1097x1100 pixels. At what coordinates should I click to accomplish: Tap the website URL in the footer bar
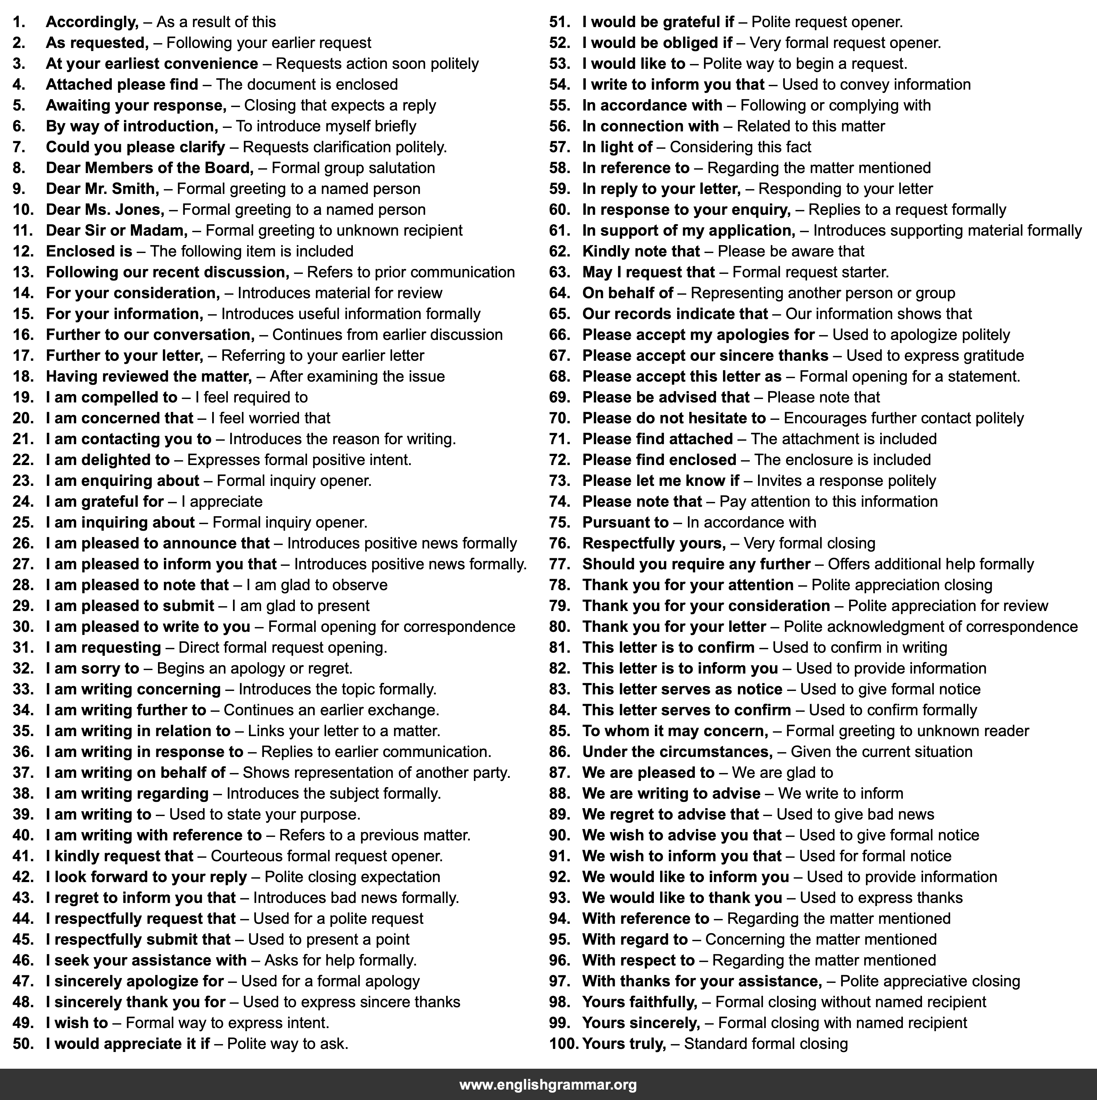(x=548, y=1085)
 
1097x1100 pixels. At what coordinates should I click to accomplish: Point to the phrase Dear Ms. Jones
(x=105, y=210)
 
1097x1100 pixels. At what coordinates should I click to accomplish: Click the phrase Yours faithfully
(x=639, y=1002)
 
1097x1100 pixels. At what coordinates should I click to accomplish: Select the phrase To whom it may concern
(x=675, y=731)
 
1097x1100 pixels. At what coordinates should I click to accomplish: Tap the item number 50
(x=23, y=1044)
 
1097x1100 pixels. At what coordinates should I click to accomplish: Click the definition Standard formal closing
(x=765, y=1044)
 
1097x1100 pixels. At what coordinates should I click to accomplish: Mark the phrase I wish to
(x=77, y=1023)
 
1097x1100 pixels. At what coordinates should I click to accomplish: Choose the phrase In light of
(x=617, y=147)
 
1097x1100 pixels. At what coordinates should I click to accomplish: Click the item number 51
(x=559, y=22)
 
